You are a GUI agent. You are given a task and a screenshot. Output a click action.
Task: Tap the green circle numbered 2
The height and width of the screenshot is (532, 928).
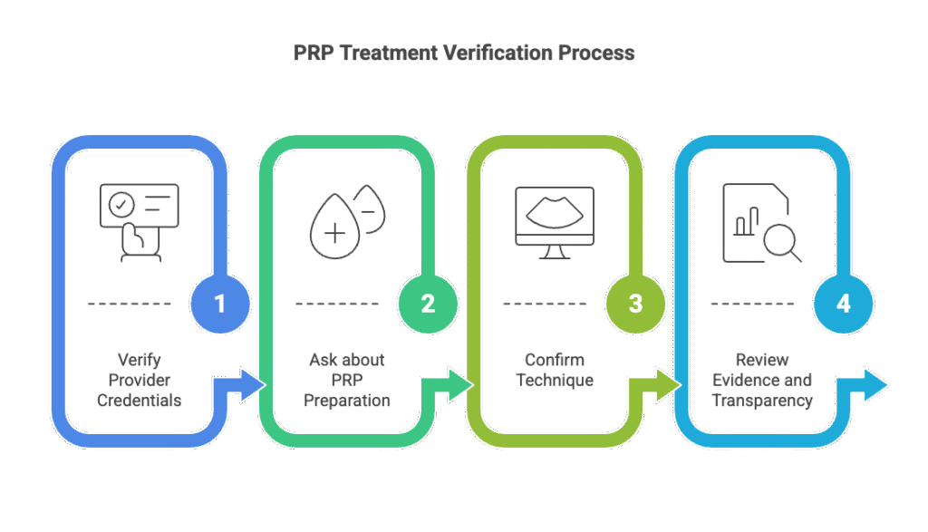click(428, 304)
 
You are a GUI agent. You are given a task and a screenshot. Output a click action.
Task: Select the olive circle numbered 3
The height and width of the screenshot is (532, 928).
click(635, 304)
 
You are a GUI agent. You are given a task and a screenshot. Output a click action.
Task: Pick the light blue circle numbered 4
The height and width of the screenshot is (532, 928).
click(843, 304)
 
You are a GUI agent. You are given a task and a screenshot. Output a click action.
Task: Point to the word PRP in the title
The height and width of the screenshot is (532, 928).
click(313, 53)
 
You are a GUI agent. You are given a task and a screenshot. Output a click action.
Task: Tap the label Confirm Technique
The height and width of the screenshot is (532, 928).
click(555, 369)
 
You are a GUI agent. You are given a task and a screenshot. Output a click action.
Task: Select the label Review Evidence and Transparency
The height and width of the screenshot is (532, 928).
click(761, 379)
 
